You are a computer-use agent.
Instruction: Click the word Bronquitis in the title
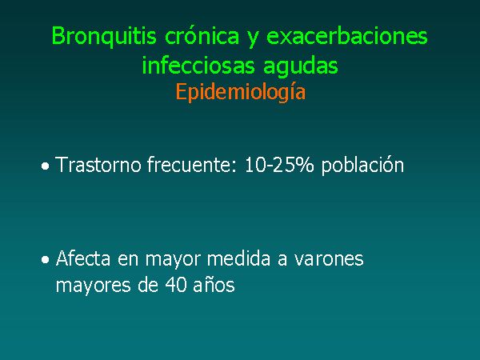[104, 37]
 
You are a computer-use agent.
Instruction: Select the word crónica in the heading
[202, 35]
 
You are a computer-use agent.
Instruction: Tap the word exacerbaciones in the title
[347, 35]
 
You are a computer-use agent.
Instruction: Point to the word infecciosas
[198, 65]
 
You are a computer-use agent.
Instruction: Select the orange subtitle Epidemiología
[241, 93]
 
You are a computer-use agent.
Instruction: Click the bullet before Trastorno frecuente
[46, 166]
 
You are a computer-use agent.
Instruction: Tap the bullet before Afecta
[46, 260]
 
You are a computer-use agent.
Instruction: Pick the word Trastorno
[98, 165]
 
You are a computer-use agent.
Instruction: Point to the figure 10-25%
[279, 165]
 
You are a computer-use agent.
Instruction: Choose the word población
[362, 166]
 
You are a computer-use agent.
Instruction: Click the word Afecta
[83, 258]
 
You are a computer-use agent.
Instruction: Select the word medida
[238, 258]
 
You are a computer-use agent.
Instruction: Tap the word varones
[329, 259]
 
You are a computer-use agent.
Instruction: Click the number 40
[176, 284]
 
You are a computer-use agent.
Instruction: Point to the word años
[214, 285]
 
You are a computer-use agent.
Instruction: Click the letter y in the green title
[253, 38]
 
